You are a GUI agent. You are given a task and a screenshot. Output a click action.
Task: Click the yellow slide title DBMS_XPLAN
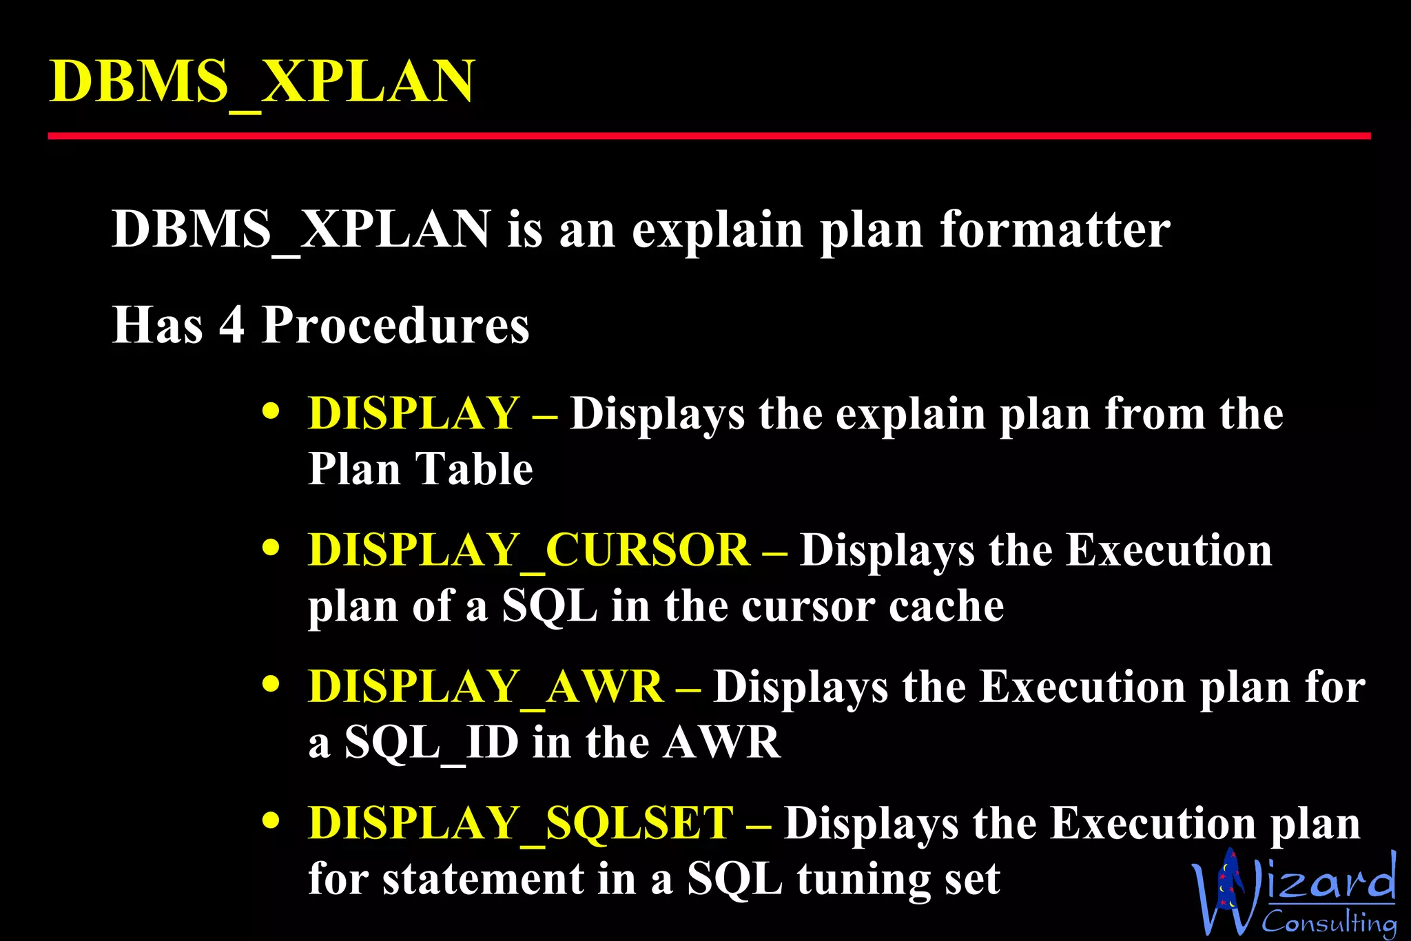[262, 81]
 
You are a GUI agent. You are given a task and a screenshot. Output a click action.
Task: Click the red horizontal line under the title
[709, 136]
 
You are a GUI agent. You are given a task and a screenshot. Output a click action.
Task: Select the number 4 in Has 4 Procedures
[231, 324]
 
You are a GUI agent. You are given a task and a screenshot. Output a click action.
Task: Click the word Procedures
[395, 324]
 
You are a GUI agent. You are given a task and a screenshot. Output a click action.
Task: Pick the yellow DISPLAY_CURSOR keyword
[528, 550]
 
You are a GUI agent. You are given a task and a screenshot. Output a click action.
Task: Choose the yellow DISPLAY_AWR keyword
[485, 687]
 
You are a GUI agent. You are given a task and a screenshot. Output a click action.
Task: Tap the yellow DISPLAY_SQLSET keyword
[520, 823]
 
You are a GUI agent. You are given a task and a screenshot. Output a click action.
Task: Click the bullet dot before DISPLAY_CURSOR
[271, 548]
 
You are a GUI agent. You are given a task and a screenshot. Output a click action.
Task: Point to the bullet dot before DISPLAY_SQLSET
[271, 821]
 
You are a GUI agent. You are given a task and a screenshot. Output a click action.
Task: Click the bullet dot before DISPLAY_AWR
[271, 685]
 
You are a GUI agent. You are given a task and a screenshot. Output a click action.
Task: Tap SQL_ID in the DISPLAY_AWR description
[431, 743]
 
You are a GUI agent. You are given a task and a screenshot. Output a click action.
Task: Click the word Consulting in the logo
[1329, 922]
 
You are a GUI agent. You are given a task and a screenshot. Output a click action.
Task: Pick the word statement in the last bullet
[483, 880]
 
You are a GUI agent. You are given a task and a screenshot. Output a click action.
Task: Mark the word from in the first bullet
[1155, 414]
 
